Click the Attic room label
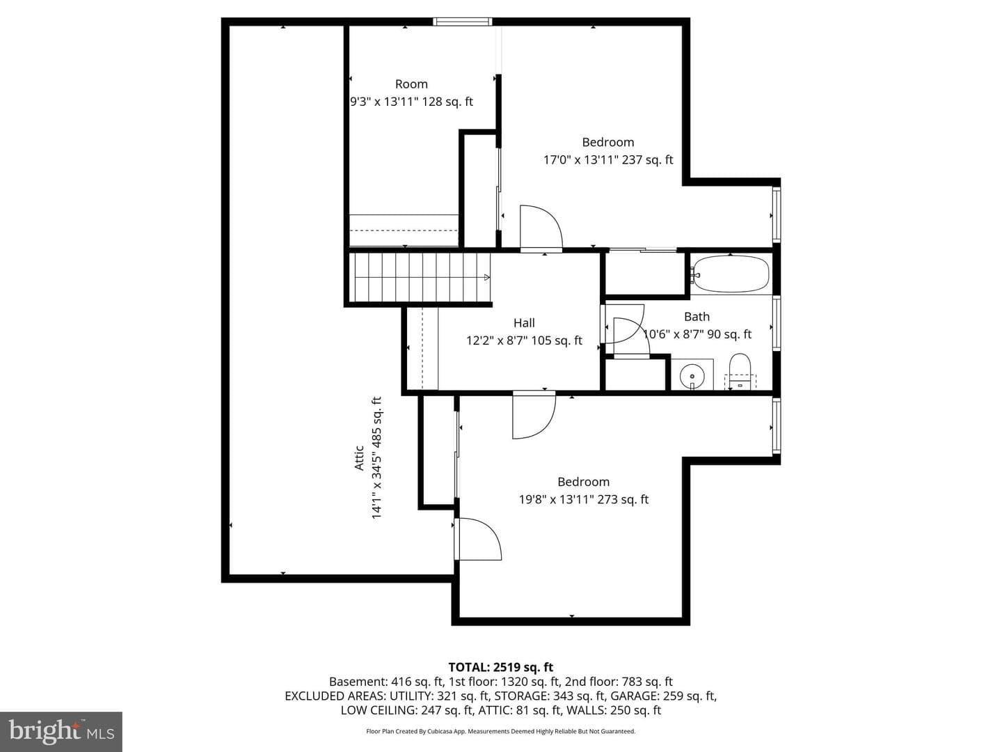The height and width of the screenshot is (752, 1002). pyautogui.click(x=359, y=458)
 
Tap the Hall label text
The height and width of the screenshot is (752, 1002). pyautogui.click(x=524, y=323)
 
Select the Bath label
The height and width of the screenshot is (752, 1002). pyautogui.click(x=697, y=316)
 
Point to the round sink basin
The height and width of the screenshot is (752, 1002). pyautogui.click(x=692, y=376)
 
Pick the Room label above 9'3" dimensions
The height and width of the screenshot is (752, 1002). pyautogui.click(x=411, y=84)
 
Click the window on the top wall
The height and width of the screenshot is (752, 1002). pyautogui.click(x=463, y=22)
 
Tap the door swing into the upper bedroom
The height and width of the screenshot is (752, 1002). pyautogui.click(x=541, y=228)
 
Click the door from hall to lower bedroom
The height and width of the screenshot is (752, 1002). pyautogui.click(x=534, y=414)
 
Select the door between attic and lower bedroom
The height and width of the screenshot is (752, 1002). pyautogui.click(x=478, y=539)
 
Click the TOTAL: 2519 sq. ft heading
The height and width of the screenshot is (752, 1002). pyautogui.click(x=501, y=667)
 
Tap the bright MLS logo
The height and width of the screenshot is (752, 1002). pyautogui.click(x=61, y=731)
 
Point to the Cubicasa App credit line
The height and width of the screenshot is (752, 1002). pyautogui.click(x=501, y=731)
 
